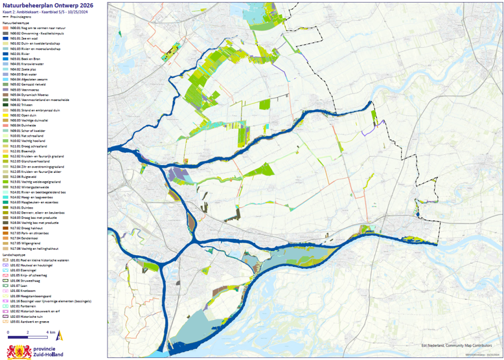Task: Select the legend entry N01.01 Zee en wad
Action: [x=24, y=38]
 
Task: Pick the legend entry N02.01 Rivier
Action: [x=19, y=54]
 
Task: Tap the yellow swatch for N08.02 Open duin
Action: [x=5, y=116]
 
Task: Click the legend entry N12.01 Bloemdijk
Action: [x=23, y=152]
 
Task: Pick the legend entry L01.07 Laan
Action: [x=17, y=285]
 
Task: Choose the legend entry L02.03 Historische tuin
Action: [x=26, y=315]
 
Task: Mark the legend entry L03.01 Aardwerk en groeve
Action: [x=27, y=321]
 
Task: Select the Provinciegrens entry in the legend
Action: [x=19, y=17]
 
